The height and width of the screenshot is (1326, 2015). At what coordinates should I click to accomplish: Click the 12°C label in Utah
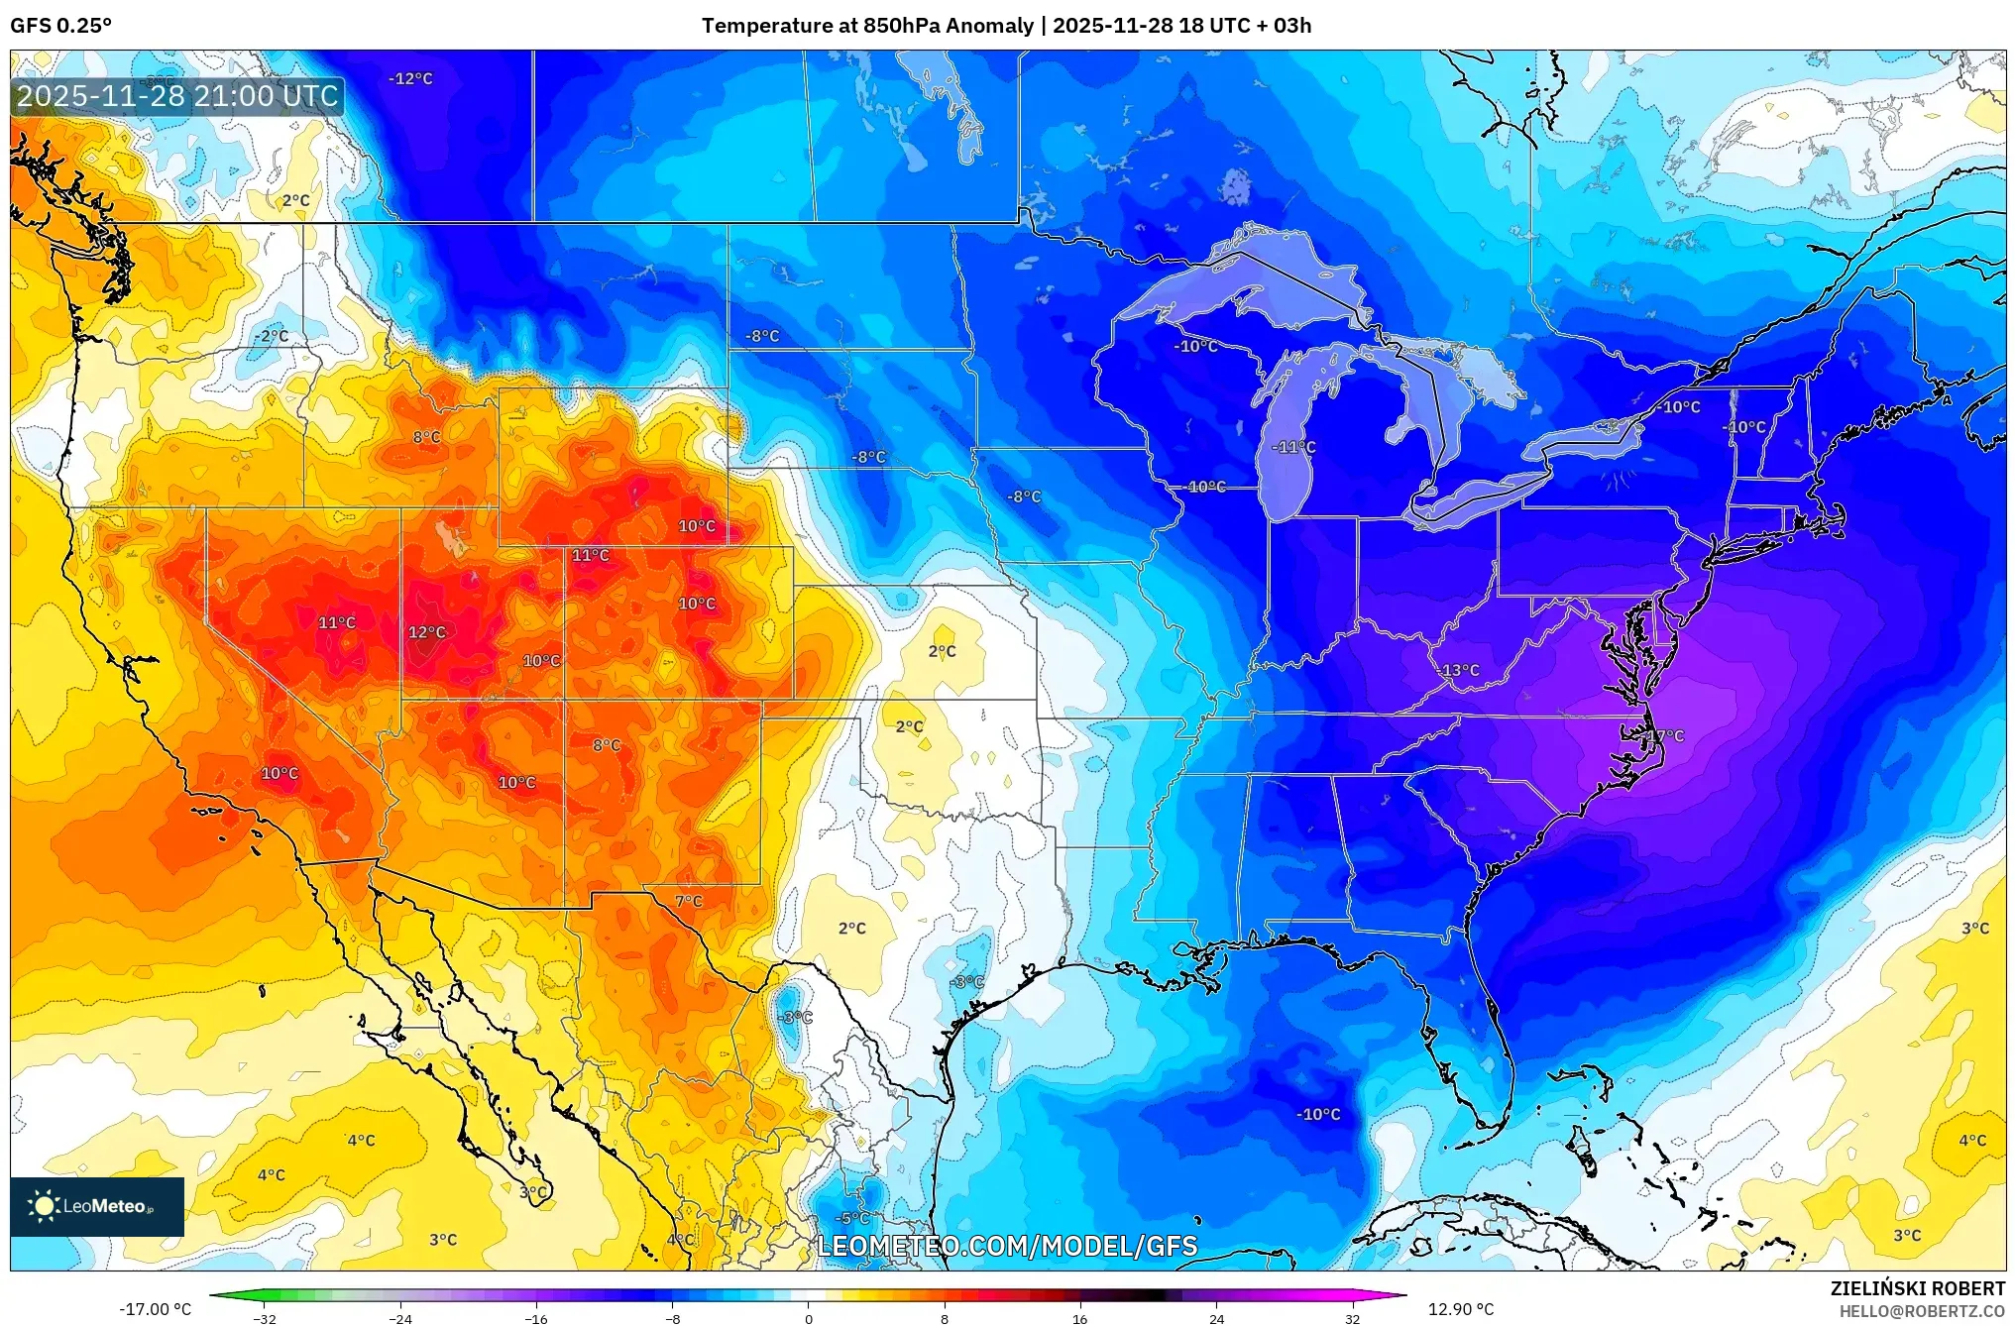pos(427,632)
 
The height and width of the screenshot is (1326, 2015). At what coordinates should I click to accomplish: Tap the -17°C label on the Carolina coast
pos(1664,736)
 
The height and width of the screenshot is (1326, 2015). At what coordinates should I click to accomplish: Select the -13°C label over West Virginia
pos(1458,671)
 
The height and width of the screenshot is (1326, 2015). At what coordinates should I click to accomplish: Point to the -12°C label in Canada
pos(410,78)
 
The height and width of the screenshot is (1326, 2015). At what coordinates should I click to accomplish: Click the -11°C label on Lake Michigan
pos(1293,448)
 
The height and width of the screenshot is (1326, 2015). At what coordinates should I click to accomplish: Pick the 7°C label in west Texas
pos(688,901)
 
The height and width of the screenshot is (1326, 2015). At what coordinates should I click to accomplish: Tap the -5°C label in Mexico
pos(852,1218)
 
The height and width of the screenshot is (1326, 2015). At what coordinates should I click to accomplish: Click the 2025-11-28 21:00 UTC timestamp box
pos(177,96)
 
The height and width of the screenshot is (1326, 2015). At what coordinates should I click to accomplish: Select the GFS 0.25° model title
pos(60,26)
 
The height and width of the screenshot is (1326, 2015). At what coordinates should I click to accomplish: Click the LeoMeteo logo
pos(96,1206)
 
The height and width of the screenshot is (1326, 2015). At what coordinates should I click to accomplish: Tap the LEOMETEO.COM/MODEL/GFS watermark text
pos(1006,1246)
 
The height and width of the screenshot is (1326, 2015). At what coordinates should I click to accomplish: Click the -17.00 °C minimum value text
pos(156,1309)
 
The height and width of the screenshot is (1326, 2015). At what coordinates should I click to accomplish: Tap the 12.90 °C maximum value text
pos(1460,1309)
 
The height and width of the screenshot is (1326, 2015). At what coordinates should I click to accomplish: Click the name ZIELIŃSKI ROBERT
pos(1917,1288)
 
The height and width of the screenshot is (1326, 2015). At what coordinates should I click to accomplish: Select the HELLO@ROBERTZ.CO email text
pos(1922,1311)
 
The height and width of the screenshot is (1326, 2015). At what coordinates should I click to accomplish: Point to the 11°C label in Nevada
pos(336,622)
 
